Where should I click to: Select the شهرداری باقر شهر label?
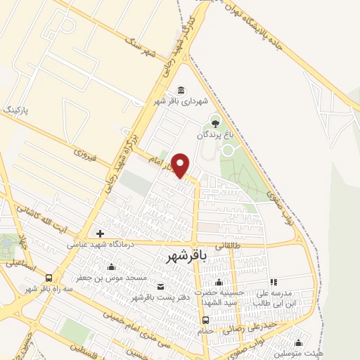182,101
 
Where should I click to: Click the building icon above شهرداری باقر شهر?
181,90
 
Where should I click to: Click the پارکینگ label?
18,110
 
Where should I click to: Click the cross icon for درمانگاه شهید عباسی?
101,233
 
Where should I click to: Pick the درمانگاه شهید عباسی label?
98,245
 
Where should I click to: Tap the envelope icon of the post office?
161,286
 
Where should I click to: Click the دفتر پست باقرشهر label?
160,297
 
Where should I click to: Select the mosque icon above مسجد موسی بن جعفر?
111,266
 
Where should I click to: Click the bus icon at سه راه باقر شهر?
48,278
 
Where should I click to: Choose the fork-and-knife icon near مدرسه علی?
273,282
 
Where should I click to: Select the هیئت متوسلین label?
300,353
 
